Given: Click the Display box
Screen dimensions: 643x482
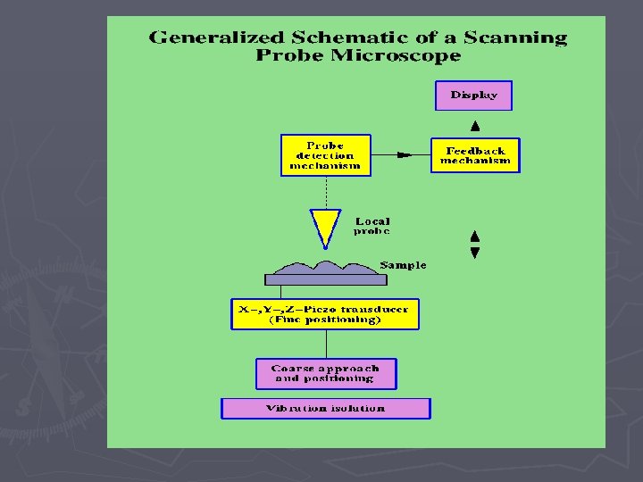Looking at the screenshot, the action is click(473, 96).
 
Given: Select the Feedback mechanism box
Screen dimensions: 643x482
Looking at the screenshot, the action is click(475, 155).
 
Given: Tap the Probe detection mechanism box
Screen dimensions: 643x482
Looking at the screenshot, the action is click(325, 155).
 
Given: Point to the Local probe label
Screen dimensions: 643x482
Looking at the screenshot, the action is click(372, 226).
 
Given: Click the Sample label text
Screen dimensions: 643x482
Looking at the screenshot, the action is click(403, 265).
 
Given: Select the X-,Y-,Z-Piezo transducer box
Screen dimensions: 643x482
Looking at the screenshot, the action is click(324, 314).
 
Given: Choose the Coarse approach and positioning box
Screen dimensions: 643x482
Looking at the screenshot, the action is click(325, 373).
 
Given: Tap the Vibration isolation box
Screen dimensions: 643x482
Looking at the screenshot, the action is click(325, 408).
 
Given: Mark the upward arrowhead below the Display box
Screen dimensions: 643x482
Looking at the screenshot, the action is click(475, 126).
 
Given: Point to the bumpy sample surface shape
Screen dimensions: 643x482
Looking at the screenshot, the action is click(325, 267).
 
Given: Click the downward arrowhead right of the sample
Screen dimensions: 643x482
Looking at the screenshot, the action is click(475, 253).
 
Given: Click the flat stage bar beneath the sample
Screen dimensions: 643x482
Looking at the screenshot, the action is click(325, 279).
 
